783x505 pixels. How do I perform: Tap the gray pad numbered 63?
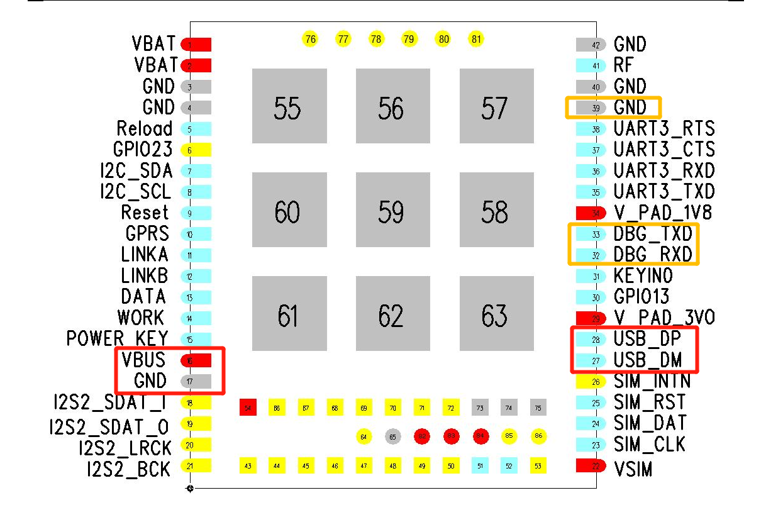(496, 314)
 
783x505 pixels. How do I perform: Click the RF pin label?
(623, 65)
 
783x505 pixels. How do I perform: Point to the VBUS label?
(144, 360)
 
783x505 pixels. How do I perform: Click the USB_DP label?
(647, 339)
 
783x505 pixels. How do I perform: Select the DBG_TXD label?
(653, 234)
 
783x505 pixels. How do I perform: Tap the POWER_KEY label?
(117, 338)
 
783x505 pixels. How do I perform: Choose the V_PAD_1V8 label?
(662, 212)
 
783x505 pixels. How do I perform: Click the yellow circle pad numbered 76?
(309, 39)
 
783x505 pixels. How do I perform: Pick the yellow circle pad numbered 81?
(476, 39)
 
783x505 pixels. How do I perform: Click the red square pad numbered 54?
(248, 408)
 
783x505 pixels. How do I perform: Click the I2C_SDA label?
(136, 170)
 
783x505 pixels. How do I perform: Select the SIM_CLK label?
(649, 444)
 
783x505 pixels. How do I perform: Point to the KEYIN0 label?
(643, 275)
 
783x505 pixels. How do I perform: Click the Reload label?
(144, 128)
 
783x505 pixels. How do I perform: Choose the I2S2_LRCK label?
(125, 447)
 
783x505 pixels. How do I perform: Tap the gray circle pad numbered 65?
(392, 436)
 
